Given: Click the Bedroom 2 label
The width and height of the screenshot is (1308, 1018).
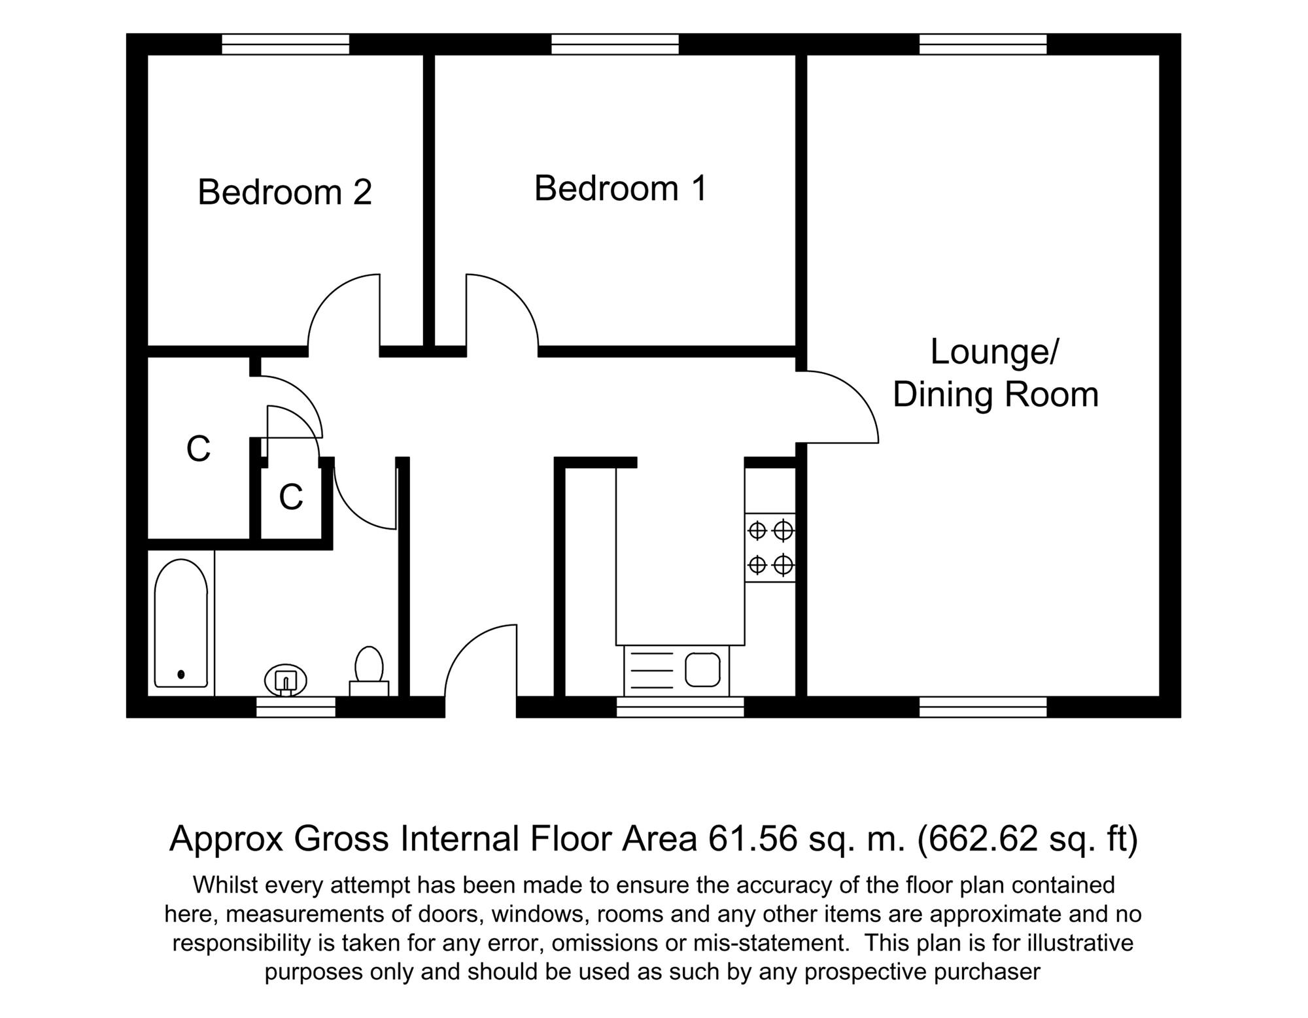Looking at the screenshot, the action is coord(284,192).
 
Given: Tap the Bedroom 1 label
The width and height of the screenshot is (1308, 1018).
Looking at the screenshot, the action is coord(621,188).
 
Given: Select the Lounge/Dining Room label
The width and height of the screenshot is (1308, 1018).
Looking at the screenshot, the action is coord(995,373).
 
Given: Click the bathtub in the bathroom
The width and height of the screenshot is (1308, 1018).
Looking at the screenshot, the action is coord(181,623).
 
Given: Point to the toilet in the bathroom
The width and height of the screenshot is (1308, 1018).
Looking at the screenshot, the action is coord(369,671).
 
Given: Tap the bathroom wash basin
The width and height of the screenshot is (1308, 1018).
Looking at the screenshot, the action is coord(286,680).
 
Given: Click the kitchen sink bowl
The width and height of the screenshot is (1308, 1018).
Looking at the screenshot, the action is coord(702,670).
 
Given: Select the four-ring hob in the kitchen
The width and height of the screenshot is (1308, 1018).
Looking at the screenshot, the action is coord(770,547).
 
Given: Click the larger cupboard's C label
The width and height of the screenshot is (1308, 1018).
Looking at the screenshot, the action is coord(198,449).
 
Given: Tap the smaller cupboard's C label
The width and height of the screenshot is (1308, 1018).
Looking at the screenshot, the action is coord(291,498).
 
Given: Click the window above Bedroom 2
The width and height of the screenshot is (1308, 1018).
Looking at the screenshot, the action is coord(286,44).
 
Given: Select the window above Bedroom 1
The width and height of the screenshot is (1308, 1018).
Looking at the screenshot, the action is coord(615,44).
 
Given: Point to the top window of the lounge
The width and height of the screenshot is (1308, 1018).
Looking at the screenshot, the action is coord(983,44).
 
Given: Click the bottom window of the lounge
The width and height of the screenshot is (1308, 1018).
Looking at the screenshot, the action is coord(983,707).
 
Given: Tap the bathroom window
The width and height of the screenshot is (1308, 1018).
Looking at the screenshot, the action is coord(296,707).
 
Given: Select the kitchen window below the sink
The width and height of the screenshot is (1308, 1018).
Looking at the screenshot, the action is coord(680,707).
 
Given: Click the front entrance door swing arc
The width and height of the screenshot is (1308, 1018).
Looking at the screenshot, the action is coord(466,644).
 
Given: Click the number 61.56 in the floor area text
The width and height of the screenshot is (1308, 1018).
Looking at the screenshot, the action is coord(753,839).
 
